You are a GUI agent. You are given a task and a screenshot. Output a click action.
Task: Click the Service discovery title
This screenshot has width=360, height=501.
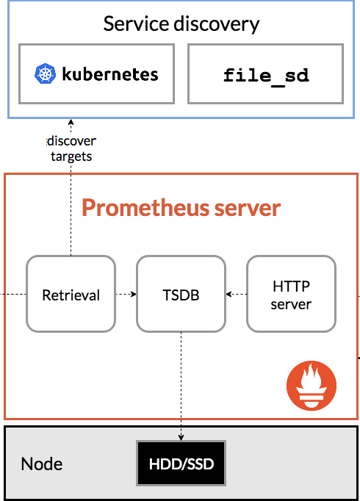181,24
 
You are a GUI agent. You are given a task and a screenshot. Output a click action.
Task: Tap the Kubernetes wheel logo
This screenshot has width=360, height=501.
45,73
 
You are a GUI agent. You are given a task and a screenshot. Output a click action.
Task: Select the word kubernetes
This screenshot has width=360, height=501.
110,74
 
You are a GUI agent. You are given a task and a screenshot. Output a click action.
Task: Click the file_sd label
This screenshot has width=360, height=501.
266,76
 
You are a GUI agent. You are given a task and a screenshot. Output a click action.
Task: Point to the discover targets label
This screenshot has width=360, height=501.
71,148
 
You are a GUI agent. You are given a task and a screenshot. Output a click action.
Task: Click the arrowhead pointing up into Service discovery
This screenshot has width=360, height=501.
71,122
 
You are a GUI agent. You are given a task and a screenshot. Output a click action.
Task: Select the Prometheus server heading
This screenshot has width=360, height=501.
181,208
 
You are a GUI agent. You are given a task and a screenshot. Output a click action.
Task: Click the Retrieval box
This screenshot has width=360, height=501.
71,294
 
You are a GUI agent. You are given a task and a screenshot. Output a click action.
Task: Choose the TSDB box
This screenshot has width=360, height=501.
181,294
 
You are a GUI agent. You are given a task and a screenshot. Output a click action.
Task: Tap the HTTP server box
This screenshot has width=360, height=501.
291,294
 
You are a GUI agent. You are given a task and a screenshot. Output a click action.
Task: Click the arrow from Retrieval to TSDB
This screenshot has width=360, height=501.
126,294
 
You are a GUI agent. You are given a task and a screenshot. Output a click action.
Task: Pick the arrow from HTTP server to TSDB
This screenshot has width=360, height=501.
237,294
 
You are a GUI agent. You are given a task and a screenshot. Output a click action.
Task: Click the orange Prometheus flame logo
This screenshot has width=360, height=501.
312,386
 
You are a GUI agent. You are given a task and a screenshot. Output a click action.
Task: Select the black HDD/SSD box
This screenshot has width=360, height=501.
181,464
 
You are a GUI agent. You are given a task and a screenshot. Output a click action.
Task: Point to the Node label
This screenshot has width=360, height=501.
42,464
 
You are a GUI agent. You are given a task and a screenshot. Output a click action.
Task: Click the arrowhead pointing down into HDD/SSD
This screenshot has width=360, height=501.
181,438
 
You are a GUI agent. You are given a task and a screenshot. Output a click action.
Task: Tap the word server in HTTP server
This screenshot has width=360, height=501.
291,305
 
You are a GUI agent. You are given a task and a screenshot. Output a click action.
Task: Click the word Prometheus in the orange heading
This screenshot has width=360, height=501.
146,208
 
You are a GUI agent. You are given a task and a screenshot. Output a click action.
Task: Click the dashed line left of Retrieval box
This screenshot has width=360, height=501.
13,294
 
